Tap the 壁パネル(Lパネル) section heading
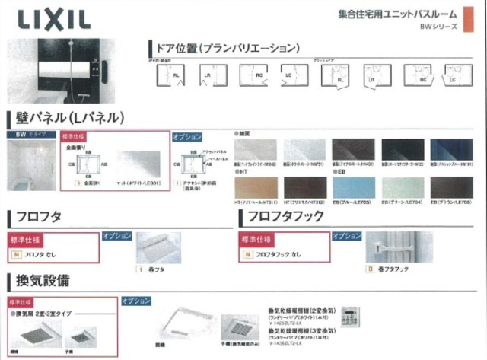point(64,119)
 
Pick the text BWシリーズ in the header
point(441,27)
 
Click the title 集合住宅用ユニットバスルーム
point(396,14)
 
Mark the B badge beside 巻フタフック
point(370,269)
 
